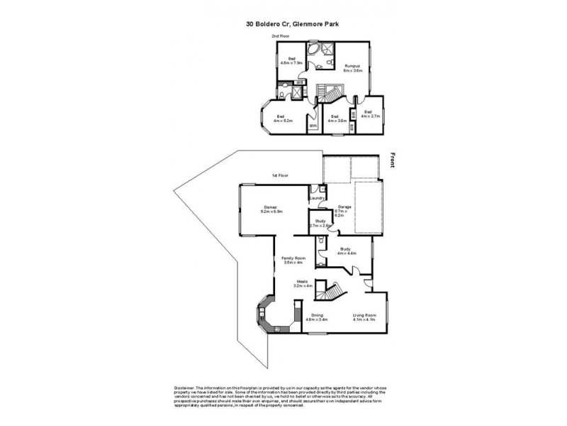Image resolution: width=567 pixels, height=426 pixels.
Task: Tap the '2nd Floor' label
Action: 281,36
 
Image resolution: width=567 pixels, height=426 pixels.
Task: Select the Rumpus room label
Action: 353,68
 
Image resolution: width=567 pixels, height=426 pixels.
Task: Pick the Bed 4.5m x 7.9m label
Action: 291,60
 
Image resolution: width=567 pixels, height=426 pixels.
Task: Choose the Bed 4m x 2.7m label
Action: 371,114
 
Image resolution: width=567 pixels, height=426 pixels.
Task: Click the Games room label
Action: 272,209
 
